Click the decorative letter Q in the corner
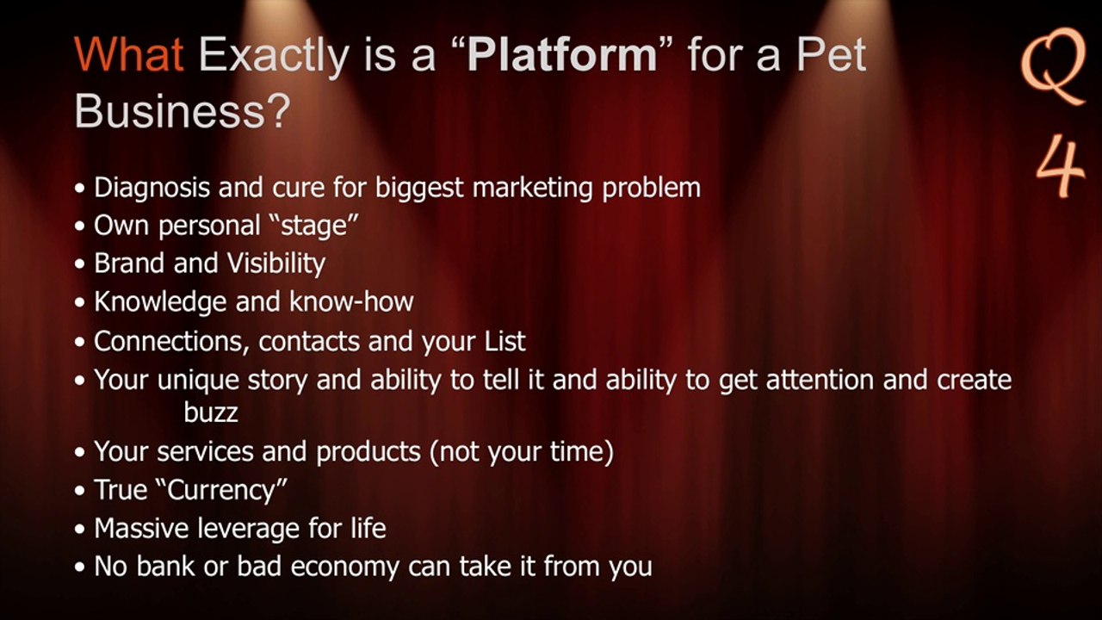coord(1053,66)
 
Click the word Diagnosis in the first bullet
coord(152,189)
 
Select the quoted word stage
coord(314,226)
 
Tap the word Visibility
coord(276,263)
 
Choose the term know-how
coord(351,301)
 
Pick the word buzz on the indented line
coord(211,412)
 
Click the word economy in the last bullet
coord(345,567)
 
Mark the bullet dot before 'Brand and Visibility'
coord(80,264)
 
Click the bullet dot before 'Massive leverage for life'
coord(80,530)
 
